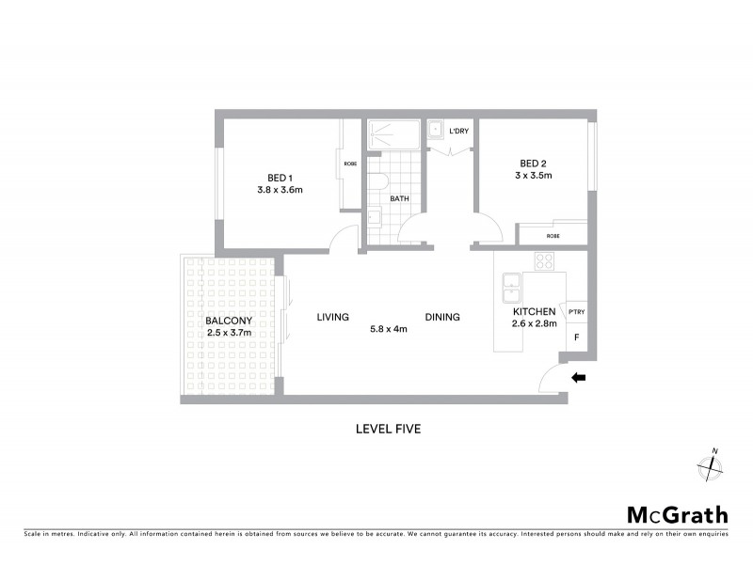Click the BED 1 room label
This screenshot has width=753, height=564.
(x=280, y=177)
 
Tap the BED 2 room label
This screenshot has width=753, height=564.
(x=532, y=162)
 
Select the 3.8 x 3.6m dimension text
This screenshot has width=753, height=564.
(x=280, y=190)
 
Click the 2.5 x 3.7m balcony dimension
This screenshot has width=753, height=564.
(x=229, y=332)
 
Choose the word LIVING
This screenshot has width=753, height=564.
(x=333, y=317)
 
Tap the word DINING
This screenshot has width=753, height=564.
(x=441, y=317)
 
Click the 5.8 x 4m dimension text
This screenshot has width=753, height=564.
(x=388, y=330)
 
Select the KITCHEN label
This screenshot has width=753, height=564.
(x=534, y=312)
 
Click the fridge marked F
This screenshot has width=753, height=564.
(x=575, y=336)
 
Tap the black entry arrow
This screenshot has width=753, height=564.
(x=579, y=378)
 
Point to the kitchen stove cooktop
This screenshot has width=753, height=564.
(x=544, y=260)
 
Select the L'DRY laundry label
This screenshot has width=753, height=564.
(x=458, y=131)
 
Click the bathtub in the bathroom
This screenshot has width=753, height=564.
(x=394, y=133)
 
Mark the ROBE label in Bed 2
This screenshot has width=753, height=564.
(x=552, y=236)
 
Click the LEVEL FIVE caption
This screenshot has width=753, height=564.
(x=387, y=429)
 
